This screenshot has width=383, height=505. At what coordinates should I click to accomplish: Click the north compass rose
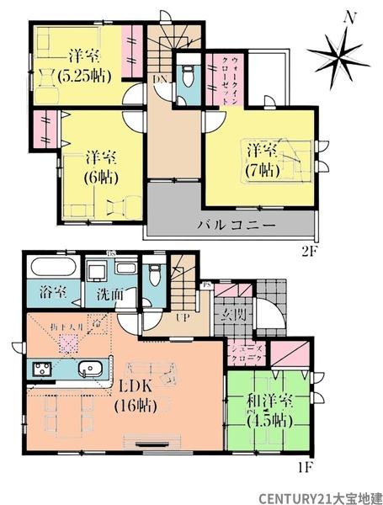point(338,51)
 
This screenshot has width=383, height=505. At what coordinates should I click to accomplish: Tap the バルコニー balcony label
point(237,226)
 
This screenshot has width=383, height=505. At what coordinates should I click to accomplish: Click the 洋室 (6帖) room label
point(100,166)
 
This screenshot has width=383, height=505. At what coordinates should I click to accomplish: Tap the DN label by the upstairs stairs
point(160,78)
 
